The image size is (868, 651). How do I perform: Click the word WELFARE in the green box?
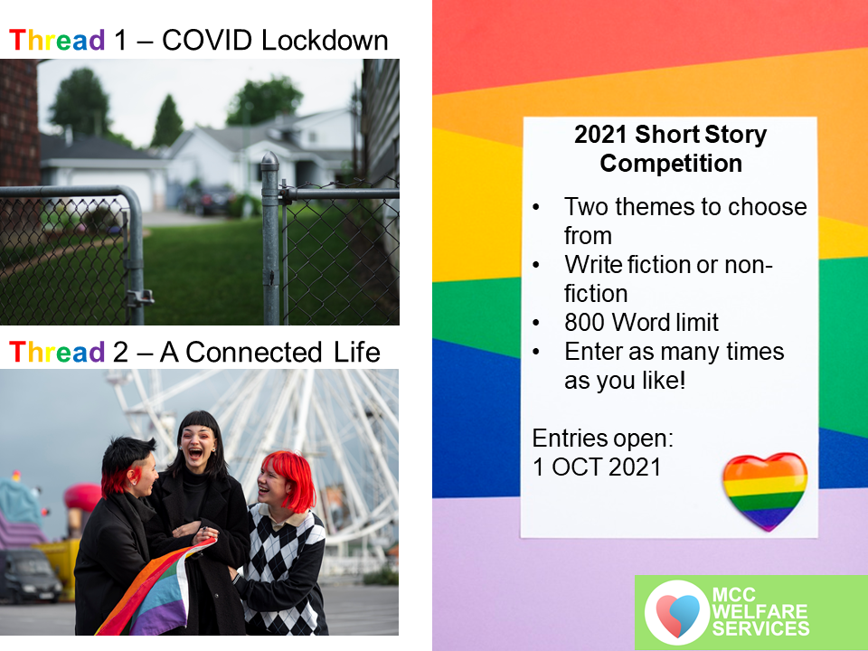pyautogui.click(x=759, y=612)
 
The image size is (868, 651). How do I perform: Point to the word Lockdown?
pyautogui.click(x=325, y=41)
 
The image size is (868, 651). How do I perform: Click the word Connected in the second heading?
pyautogui.click(x=253, y=352)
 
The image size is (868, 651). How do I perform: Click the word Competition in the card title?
pyautogui.click(x=671, y=164)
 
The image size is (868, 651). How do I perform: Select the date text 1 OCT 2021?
pyautogui.click(x=597, y=467)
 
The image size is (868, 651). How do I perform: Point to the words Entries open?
pyautogui.click(x=603, y=439)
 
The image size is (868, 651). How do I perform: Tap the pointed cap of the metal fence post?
pyautogui.click(x=269, y=160)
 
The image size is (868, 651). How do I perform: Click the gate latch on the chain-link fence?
pyautogui.click(x=139, y=297)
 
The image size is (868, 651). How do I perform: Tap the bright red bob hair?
pyautogui.click(x=290, y=477)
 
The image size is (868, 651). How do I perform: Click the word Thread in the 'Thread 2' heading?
pyautogui.click(x=57, y=352)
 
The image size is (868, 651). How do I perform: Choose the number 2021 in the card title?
pyautogui.click(x=600, y=135)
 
